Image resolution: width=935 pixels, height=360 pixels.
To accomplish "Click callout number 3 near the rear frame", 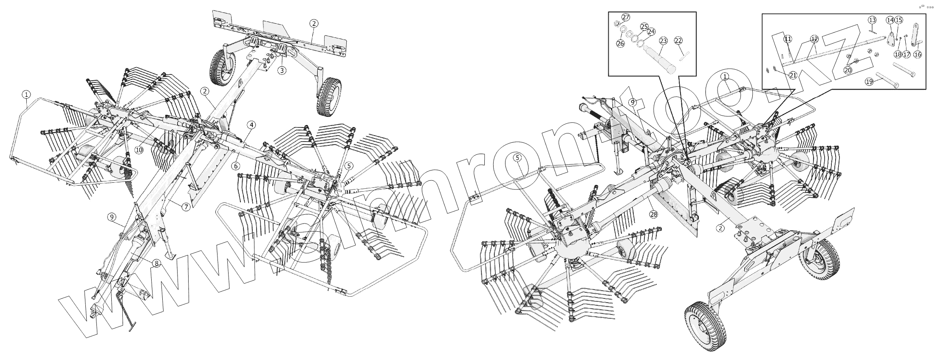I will coord(282,70).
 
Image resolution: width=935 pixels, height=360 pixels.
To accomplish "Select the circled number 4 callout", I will coord(251,125).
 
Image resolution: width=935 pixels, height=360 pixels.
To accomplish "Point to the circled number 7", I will coord(186,207).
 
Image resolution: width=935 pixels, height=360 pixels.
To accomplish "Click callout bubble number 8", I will coord(156,264).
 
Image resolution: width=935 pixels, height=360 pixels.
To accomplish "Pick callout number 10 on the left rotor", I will coord(139,150).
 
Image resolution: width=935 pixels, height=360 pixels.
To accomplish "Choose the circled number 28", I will coord(653,214).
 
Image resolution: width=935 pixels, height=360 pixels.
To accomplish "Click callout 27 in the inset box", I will coord(625,17).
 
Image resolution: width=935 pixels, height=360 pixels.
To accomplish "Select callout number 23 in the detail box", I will coord(663,41).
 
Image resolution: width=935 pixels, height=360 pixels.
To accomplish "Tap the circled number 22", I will coord(678,41).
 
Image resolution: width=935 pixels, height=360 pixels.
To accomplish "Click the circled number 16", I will coord(917,54).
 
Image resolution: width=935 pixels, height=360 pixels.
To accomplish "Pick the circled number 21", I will coord(793,75).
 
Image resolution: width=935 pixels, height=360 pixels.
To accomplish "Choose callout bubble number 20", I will coord(848,70).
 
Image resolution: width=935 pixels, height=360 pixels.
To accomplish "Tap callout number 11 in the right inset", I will coord(788,39).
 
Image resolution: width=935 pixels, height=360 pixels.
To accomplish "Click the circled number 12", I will coord(814,39).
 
